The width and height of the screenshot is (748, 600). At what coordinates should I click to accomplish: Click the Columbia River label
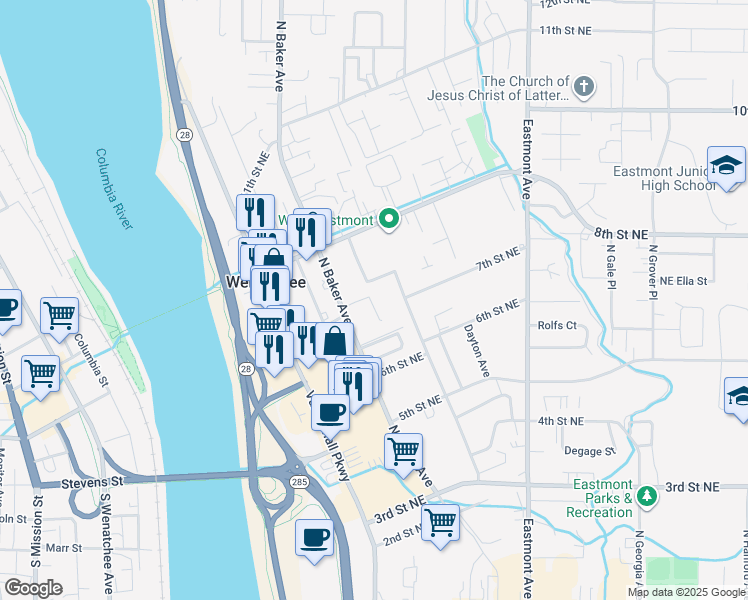114,189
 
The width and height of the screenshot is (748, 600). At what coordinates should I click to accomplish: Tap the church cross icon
584,88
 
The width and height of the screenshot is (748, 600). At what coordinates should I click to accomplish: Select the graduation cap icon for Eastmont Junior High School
726,166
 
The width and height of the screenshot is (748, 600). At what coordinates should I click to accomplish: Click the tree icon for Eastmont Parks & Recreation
647,495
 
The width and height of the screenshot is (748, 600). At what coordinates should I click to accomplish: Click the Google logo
33,588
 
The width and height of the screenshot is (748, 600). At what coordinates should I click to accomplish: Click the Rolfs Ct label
557,325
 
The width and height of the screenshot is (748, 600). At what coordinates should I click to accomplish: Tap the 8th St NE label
616,232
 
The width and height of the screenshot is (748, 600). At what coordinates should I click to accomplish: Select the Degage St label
589,451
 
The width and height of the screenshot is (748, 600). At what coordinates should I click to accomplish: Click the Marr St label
63,548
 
